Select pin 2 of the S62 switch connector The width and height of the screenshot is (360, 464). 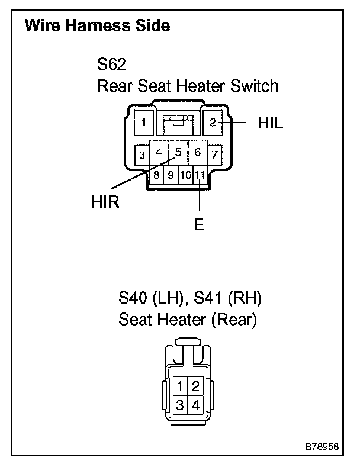[x=213, y=123]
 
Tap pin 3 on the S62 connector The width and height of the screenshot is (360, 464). [x=142, y=156]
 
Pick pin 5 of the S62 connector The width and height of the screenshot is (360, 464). [x=178, y=152]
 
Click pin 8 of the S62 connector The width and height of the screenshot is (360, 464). [x=157, y=175]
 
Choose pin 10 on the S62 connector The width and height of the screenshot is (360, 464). [x=185, y=175]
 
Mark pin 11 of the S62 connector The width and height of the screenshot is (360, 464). [x=200, y=175]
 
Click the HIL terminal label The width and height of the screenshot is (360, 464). [x=271, y=123]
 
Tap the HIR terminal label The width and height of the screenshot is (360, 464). [x=105, y=202]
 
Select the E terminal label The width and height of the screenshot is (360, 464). [x=200, y=225]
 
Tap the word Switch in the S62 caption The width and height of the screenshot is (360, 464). [x=252, y=86]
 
